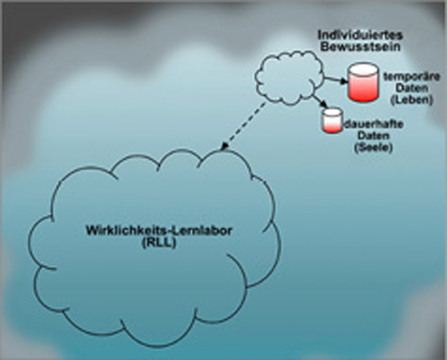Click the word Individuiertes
tap(360, 35)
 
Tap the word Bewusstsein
tap(360, 47)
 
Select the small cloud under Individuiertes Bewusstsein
tap(289, 78)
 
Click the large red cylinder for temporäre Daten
tap(363, 82)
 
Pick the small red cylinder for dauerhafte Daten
tap(332, 121)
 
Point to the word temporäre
tap(412, 77)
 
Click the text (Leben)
tap(412, 100)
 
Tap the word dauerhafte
tap(374, 124)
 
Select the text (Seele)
tap(374, 147)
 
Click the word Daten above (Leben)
tap(412, 88)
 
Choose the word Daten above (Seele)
tap(374, 136)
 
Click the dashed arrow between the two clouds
tap(243, 126)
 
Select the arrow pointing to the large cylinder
tap(336, 80)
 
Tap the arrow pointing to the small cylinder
tap(320, 102)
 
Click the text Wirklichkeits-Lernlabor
tap(159, 231)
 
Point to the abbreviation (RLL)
tap(159, 243)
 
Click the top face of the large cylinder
tap(363, 70)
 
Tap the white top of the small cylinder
tap(332, 112)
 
